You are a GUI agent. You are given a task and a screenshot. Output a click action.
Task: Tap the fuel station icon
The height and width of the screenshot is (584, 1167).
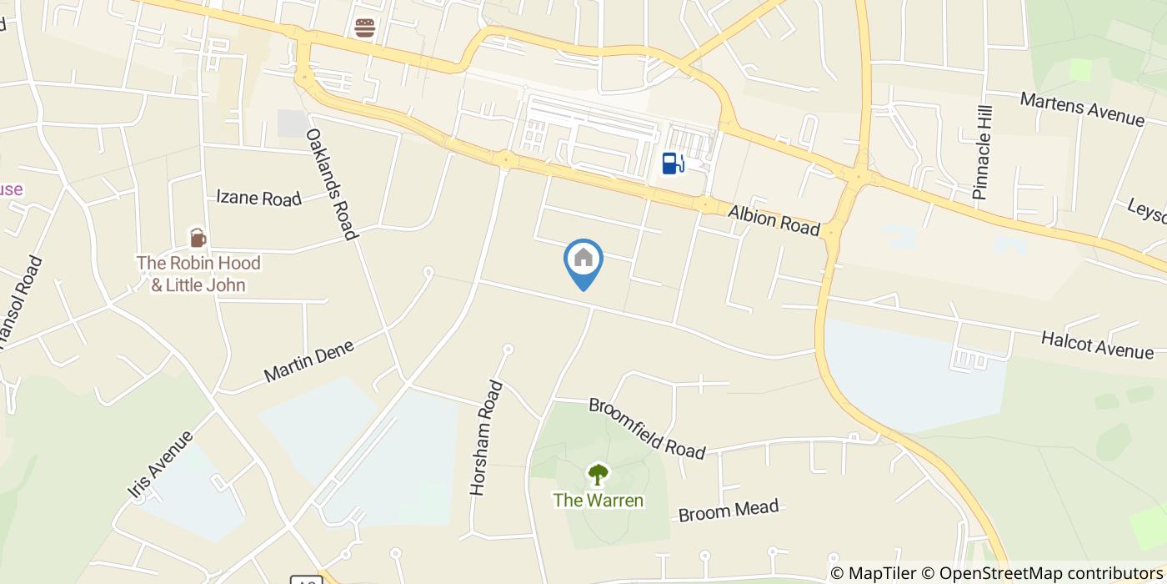(673, 163)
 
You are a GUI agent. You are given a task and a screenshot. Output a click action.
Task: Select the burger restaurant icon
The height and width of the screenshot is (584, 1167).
(364, 28)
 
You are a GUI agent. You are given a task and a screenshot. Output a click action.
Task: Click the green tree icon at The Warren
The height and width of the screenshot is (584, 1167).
(598, 475)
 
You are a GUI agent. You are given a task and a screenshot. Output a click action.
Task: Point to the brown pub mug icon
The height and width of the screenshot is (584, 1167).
(198, 238)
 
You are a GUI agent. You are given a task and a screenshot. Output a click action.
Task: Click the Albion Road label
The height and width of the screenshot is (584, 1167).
(774, 220)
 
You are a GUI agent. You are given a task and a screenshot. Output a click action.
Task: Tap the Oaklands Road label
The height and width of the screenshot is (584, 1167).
(332, 184)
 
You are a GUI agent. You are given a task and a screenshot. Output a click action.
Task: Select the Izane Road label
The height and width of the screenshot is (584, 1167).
(258, 198)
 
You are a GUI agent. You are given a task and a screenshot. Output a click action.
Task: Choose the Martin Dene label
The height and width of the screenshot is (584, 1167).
(308, 360)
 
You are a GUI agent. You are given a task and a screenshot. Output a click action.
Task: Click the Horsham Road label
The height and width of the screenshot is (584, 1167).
(486, 438)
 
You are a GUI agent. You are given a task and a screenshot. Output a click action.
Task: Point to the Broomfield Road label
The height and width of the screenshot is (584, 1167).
(647, 428)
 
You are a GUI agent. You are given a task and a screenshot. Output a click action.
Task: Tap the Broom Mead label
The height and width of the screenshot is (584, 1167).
(729, 510)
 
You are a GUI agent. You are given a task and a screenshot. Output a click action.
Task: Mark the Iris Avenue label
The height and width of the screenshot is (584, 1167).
(161, 466)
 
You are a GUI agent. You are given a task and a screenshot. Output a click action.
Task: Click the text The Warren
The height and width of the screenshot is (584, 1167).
(599, 501)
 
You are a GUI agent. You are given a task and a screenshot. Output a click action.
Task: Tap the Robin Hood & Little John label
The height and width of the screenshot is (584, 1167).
(198, 274)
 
